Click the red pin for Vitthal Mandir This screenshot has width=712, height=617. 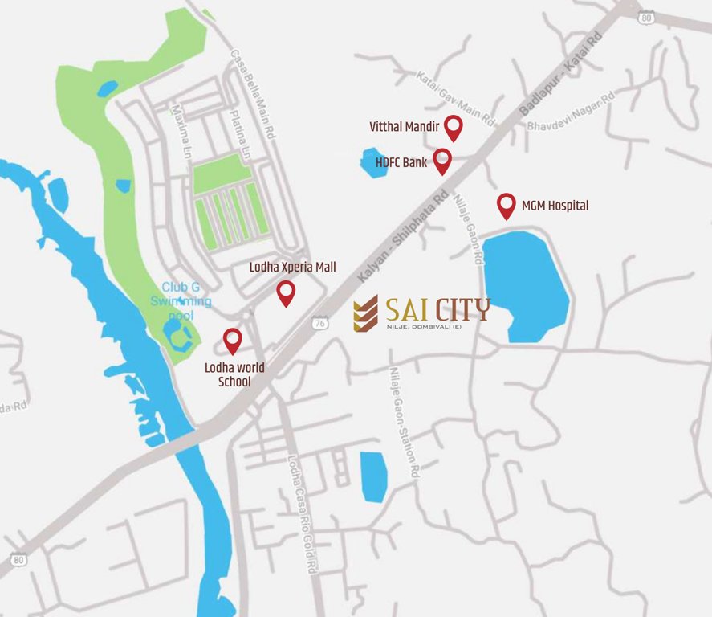(454, 126)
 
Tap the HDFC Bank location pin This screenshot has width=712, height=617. (442, 160)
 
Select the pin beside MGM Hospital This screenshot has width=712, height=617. (506, 204)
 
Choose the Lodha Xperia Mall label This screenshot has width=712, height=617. (292, 267)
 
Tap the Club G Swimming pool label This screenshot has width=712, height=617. (184, 294)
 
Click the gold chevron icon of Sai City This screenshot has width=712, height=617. (365, 313)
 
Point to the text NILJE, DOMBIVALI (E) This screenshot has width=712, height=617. (424, 325)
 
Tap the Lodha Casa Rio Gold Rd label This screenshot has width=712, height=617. (303, 514)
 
